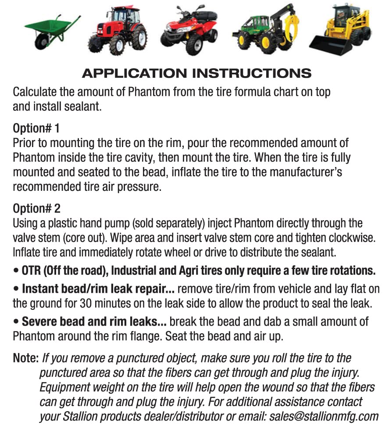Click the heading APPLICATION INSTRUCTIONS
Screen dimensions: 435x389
[196, 73]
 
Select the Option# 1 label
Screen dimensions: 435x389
[36, 129]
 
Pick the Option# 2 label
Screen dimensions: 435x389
[36, 208]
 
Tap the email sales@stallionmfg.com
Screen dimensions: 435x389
[325, 416]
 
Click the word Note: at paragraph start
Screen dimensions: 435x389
[26, 358]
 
